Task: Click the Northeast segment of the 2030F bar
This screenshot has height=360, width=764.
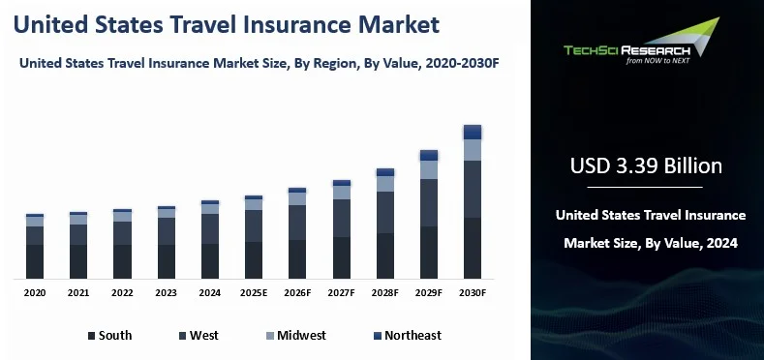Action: point(473,132)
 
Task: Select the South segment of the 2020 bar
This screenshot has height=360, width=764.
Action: point(35,261)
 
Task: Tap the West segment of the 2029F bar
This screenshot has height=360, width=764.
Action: point(429,202)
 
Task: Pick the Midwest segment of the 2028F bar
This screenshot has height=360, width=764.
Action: point(385,184)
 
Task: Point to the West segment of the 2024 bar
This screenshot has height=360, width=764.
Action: point(210,229)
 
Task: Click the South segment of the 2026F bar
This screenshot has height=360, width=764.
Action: point(297,259)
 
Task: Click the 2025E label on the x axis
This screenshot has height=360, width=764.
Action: point(254,293)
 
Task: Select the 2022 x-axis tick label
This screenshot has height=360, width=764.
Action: point(122,293)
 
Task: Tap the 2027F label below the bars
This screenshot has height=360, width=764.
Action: point(341,293)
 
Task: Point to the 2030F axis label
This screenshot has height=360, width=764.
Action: point(473,293)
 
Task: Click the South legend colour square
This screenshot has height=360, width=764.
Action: point(92,336)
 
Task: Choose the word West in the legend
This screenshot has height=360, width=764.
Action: point(204,335)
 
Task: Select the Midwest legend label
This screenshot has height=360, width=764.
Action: point(301,335)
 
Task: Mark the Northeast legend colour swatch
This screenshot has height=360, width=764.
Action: point(378,336)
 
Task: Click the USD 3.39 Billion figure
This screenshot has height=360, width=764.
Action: point(646,166)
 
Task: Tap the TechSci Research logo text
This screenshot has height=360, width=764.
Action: point(626,50)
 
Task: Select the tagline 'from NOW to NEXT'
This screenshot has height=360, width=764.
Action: point(657,61)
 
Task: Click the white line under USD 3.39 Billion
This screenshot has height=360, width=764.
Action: point(645,187)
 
